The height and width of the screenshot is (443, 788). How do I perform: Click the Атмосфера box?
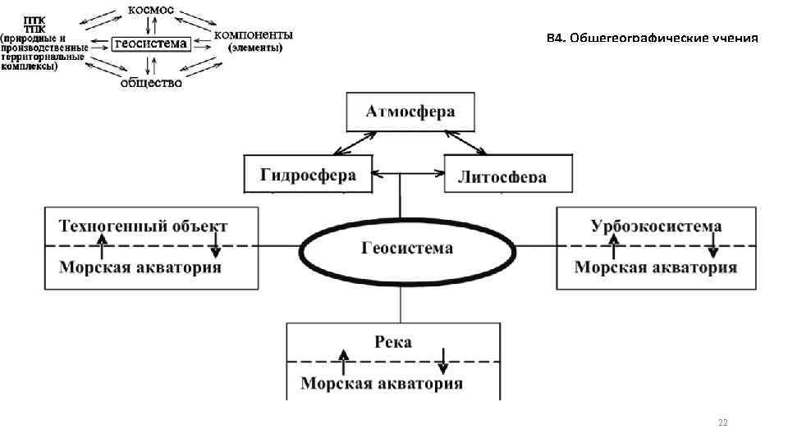click(400, 112)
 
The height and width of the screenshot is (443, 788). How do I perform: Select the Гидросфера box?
click(308, 175)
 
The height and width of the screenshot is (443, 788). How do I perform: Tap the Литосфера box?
click(507, 175)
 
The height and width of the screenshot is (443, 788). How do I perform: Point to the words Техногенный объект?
click(143, 226)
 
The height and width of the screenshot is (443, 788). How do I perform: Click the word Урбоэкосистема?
click(656, 226)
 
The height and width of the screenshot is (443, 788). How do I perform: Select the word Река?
click(392, 342)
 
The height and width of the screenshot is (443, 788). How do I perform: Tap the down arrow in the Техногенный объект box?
click(215, 244)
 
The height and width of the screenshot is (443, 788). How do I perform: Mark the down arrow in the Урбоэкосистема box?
click(713, 244)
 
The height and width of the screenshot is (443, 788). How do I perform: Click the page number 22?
click(722, 422)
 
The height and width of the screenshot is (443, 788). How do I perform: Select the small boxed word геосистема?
click(150, 43)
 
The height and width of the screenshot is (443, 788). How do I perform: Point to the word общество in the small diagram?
click(151, 81)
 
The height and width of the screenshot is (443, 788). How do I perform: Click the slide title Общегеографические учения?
click(653, 39)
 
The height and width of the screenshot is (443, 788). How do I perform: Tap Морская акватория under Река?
click(381, 384)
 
